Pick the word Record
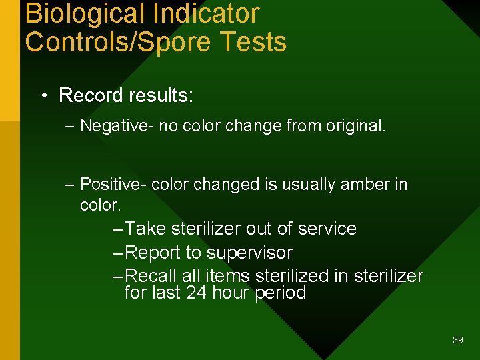[x=87, y=95]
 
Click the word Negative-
[x=117, y=126]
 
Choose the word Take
[x=146, y=229]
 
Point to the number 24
[x=197, y=293]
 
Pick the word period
[x=280, y=293]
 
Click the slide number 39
[x=457, y=340]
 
